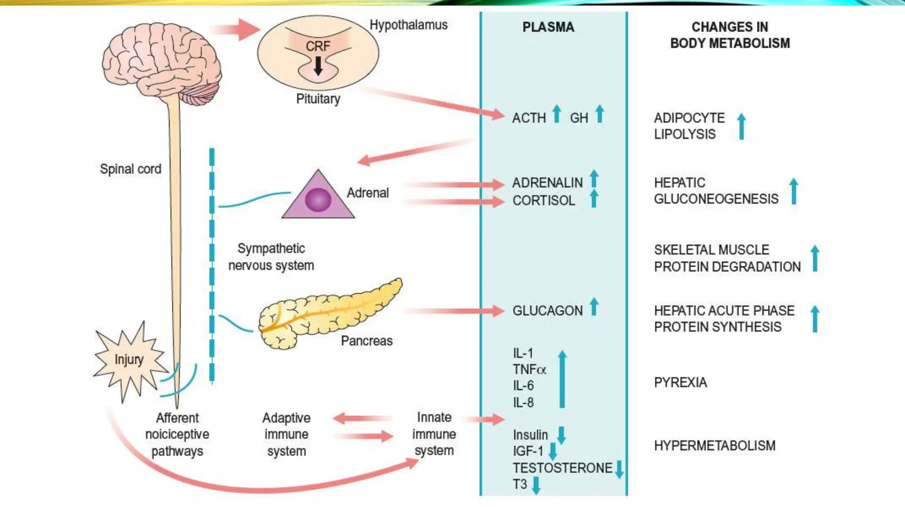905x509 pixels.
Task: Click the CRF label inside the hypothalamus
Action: pos(318,46)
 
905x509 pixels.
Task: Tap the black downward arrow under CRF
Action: pos(318,66)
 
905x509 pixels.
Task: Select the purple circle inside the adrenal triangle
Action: pos(318,199)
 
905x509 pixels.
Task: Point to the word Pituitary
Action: pos(318,99)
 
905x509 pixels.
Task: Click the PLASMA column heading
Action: pos(548,27)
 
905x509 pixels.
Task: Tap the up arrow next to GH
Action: pos(599,114)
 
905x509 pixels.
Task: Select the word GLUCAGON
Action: pos(547,311)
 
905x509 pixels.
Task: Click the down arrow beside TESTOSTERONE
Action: pos(619,469)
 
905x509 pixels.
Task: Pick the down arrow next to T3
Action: pos(536,485)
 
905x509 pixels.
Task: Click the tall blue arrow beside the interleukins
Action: pos(562,379)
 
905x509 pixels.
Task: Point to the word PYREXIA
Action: pos(680,382)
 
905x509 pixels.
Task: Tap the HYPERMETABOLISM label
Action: pos(714,445)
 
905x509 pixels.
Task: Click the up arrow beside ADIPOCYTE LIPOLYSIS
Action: pos(741,126)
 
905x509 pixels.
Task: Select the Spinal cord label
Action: pos(130,169)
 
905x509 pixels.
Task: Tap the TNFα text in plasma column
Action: pos(529,369)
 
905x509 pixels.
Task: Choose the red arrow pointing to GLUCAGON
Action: pos(455,311)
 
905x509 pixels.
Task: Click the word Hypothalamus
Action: pos(408,25)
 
